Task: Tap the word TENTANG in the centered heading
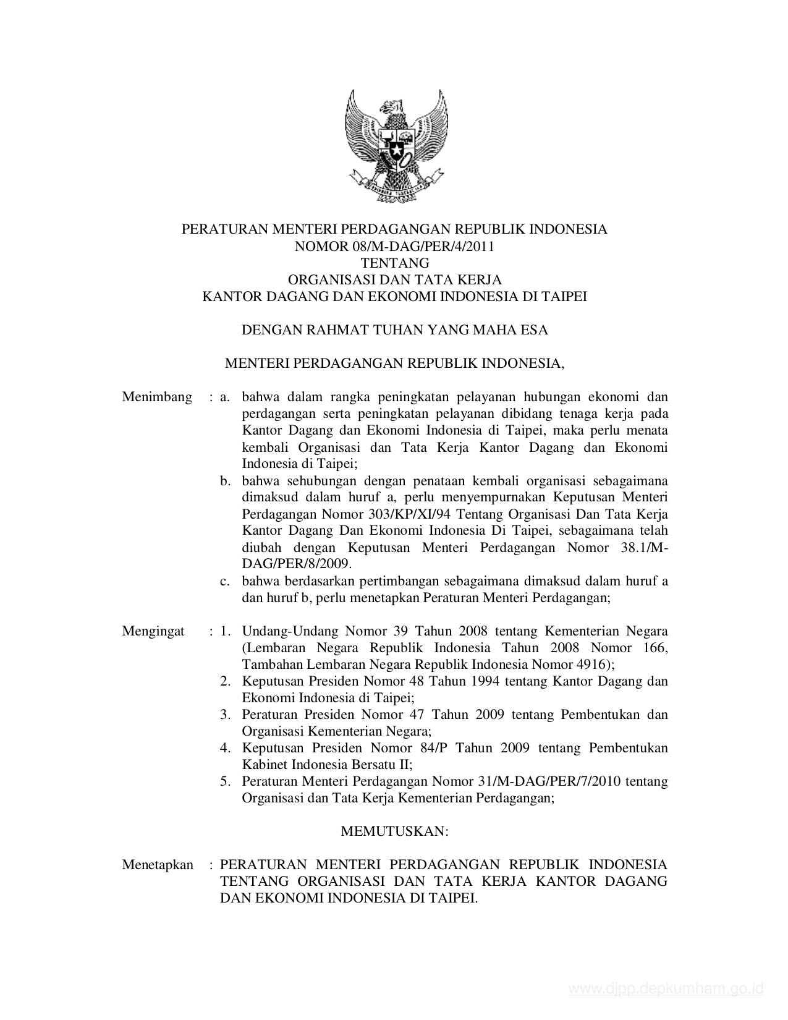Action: (x=394, y=263)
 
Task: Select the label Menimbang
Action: (x=157, y=397)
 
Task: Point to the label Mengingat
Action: (x=153, y=631)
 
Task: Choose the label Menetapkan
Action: (x=158, y=864)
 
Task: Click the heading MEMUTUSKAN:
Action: (x=394, y=831)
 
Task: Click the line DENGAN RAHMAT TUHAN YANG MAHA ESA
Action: (x=394, y=329)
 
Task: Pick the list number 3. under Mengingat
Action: (x=226, y=715)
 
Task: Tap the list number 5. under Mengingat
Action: (x=226, y=781)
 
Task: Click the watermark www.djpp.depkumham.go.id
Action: (x=666, y=989)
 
